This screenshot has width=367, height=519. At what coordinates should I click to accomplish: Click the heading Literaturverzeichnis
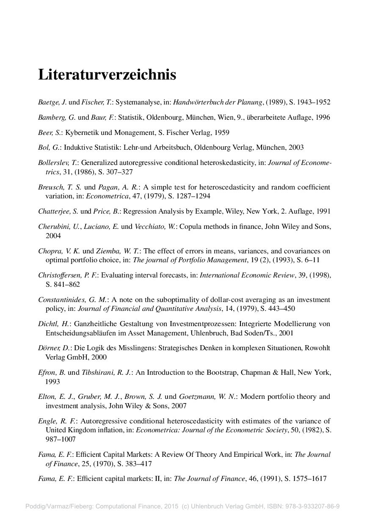(107, 75)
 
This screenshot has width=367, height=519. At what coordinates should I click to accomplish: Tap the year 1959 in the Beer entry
(221, 132)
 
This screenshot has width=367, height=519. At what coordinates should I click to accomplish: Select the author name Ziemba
(110, 251)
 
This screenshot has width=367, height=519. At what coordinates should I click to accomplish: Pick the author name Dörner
(49, 348)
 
